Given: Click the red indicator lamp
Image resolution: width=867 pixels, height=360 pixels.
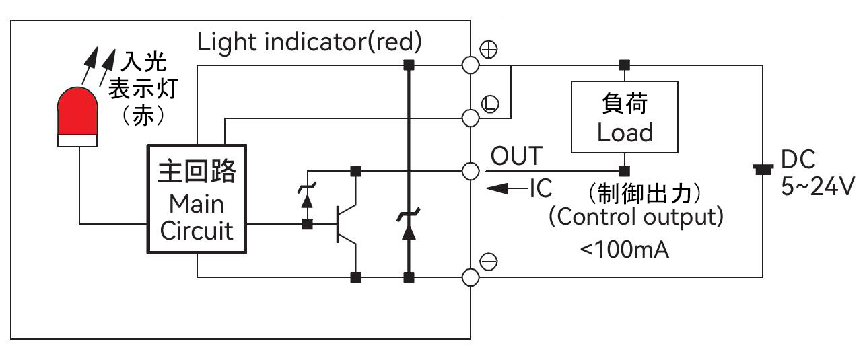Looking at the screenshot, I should (x=77, y=114).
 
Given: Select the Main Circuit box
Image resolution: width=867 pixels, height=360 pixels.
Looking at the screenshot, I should (x=197, y=199).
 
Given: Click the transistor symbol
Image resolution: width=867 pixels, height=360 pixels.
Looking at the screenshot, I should (x=347, y=224).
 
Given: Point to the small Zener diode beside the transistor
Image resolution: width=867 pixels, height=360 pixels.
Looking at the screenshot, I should (x=308, y=201).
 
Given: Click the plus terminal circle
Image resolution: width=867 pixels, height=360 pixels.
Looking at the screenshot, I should (x=471, y=65).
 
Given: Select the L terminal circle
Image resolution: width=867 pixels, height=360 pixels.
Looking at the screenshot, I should (x=471, y=118).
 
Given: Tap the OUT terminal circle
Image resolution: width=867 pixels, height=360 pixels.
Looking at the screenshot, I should (x=471, y=170).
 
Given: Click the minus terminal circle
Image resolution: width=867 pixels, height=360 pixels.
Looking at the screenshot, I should (x=471, y=277).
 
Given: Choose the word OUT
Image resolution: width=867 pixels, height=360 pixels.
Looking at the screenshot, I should (x=516, y=156).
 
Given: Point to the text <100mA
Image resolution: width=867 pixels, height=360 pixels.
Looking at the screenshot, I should (x=624, y=250).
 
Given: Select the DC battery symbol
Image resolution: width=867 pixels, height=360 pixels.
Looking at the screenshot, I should (x=763, y=170).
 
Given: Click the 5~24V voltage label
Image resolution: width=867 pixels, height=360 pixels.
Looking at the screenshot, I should (x=817, y=186).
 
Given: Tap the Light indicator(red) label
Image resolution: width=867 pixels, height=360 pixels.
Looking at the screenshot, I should (x=309, y=42).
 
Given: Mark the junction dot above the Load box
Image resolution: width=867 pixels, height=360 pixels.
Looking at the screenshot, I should (x=625, y=65).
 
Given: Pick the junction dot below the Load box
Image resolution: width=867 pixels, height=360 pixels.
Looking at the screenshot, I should (x=625, y=170).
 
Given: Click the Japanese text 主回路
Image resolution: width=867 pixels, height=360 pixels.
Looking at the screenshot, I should (x=197, y=172).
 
